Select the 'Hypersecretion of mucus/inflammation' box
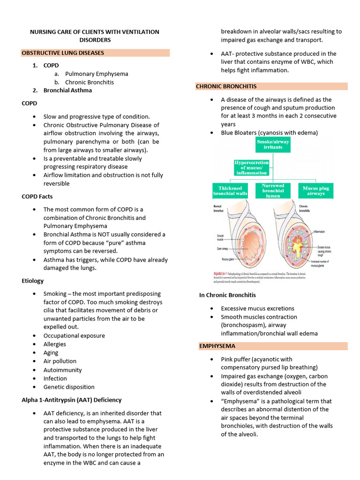point(251,167)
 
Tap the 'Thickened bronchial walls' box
point(230,190)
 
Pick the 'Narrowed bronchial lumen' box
point(273,190)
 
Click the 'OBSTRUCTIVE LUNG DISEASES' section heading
point(63,53)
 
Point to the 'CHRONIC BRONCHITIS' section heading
point(226,86)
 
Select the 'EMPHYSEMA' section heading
point(217,346)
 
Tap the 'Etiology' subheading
point(32,281)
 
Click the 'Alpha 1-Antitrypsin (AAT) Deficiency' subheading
point(71,400)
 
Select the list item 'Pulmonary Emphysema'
point(97,74)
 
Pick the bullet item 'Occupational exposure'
point(74,336)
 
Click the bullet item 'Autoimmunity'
point(62,370)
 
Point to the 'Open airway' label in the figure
point(222,248)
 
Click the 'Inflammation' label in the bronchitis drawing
point(319,232)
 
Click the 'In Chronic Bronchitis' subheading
point(227,295)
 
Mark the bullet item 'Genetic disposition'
point(69,387)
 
